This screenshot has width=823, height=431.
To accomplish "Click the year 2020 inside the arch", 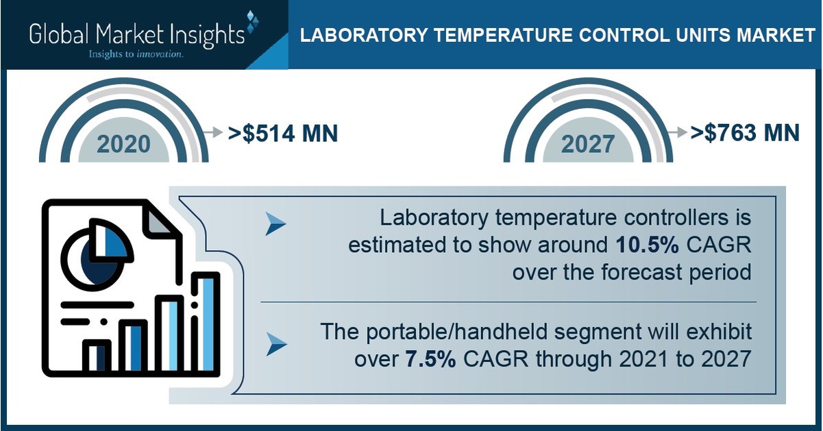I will point(123,144).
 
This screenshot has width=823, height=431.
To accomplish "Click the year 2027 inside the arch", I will point(589,144).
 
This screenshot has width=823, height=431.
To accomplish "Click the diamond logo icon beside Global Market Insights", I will point(252,22).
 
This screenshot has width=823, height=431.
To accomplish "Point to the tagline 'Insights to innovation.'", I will point(134,53).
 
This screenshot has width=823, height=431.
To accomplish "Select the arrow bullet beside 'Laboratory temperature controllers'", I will point(275,224).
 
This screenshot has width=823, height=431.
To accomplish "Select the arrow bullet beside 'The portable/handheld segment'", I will point(275,344).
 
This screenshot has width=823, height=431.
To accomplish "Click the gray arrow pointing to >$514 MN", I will point(214,132).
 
